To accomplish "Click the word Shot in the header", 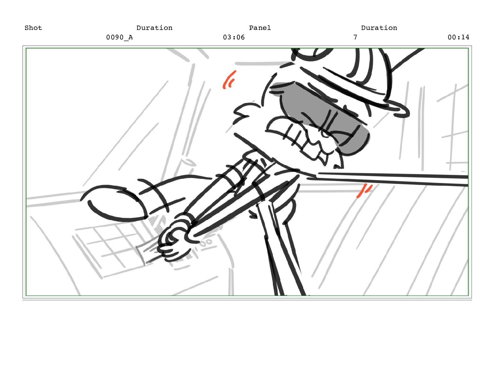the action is [x=33, y=28].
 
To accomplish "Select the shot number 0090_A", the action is [x=119, y=37].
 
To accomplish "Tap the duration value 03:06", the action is [x=234, y=37].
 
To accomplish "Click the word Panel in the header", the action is [x=260, y=28].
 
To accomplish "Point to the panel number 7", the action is [x=355, y=37].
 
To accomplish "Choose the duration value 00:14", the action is [x=458, y=37].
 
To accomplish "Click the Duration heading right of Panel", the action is [x=379, y=28].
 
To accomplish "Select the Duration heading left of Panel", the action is [x=154, y=28].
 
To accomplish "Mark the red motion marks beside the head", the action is [x=229, y=80].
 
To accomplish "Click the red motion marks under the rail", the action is [x=364, y=191].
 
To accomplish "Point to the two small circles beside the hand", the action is [x=206, y=242].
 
